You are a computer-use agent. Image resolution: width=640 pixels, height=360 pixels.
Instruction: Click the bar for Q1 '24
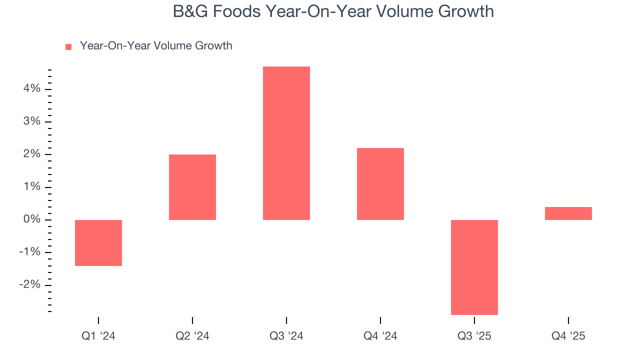click(x=98, y=243)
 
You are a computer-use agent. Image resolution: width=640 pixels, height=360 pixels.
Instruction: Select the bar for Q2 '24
click(x=192, y=187)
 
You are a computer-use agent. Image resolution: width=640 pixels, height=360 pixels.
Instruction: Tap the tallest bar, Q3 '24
click(x=286, y=143)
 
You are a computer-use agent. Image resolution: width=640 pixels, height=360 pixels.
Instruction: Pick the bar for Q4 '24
click(x=380, y=184)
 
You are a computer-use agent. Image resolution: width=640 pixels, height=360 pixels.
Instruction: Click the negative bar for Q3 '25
click(x=474, y=267)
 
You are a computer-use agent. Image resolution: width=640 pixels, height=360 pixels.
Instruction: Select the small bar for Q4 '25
click(x=568, y=213)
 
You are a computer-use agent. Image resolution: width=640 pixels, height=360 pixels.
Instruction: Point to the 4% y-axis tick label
click(x=30, y=89)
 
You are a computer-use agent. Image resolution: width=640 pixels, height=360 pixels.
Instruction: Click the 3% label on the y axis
click(x=30, y=122)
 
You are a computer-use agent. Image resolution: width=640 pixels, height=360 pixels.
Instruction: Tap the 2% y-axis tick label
click(x=30, y=154)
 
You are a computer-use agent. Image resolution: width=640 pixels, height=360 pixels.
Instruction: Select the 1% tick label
click(x=30, y=187)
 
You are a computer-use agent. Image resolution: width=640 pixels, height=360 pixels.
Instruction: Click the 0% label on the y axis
click(x=30, y=220)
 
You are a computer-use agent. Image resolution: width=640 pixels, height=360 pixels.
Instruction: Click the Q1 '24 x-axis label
click(x=98, y=336)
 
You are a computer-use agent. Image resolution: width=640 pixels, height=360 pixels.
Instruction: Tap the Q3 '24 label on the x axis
click(x=286, y=336)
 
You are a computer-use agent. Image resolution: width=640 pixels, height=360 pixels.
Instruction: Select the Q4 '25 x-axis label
click(x=568, y=336)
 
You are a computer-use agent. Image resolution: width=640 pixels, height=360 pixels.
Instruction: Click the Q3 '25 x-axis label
click(x=474, y=336)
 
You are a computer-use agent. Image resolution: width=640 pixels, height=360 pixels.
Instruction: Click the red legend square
click(x=68, y=46)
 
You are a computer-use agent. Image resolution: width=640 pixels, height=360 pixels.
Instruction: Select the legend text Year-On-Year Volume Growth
click(x=156, y=46)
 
